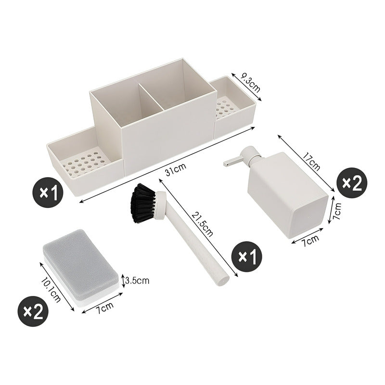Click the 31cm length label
coord(176,169)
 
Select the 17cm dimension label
coord(311,162)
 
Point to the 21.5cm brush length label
coord(202,224)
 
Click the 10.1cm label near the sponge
coord(51,290)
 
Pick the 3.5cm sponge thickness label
coord(137,280)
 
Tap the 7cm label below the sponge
coord(104,308)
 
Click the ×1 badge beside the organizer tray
coord(48,192)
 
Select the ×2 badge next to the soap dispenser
coord(352,183)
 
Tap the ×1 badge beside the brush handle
coord(247,257)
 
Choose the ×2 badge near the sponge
coord(33,311)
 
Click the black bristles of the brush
coord(142,203)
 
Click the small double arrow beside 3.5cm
coord(124,281)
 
